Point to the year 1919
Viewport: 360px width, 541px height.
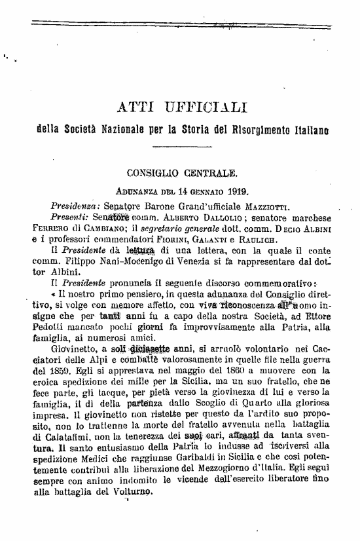coord(235,191)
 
